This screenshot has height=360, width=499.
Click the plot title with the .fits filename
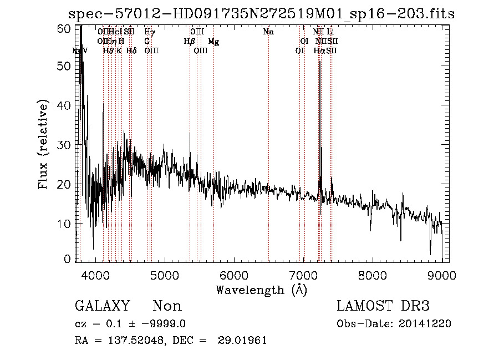[x=261, y=14]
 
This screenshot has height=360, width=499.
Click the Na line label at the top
[x=268, y=32]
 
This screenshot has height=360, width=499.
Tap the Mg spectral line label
[x=213, y=42]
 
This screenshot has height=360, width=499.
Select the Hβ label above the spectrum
[x=190, y=42]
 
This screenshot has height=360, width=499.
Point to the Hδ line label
[x=131, y=50]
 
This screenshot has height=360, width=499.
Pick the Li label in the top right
[x=330, y=32]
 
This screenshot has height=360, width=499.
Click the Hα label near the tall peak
[x=319, y=50]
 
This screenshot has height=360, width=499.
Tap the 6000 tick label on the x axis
[x=233, y=275]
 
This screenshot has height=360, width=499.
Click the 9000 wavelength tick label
[x=441, y=275]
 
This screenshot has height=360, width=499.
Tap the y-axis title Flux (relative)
[x=45, y=144]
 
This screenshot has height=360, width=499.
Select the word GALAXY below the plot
[x=102, y=306]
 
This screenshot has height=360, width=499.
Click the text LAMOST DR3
[x=383, y=306]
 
